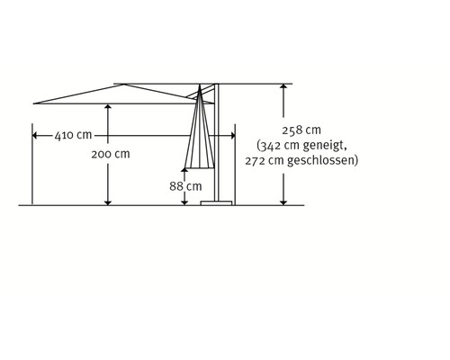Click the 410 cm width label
pos(73,135)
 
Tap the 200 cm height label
pos(111,154)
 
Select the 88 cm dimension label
pos(185,186)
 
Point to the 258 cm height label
pos(301,130)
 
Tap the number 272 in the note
pos(256,161)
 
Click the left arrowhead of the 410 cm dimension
pos(34,136)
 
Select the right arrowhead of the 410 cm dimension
pos(233,136)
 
